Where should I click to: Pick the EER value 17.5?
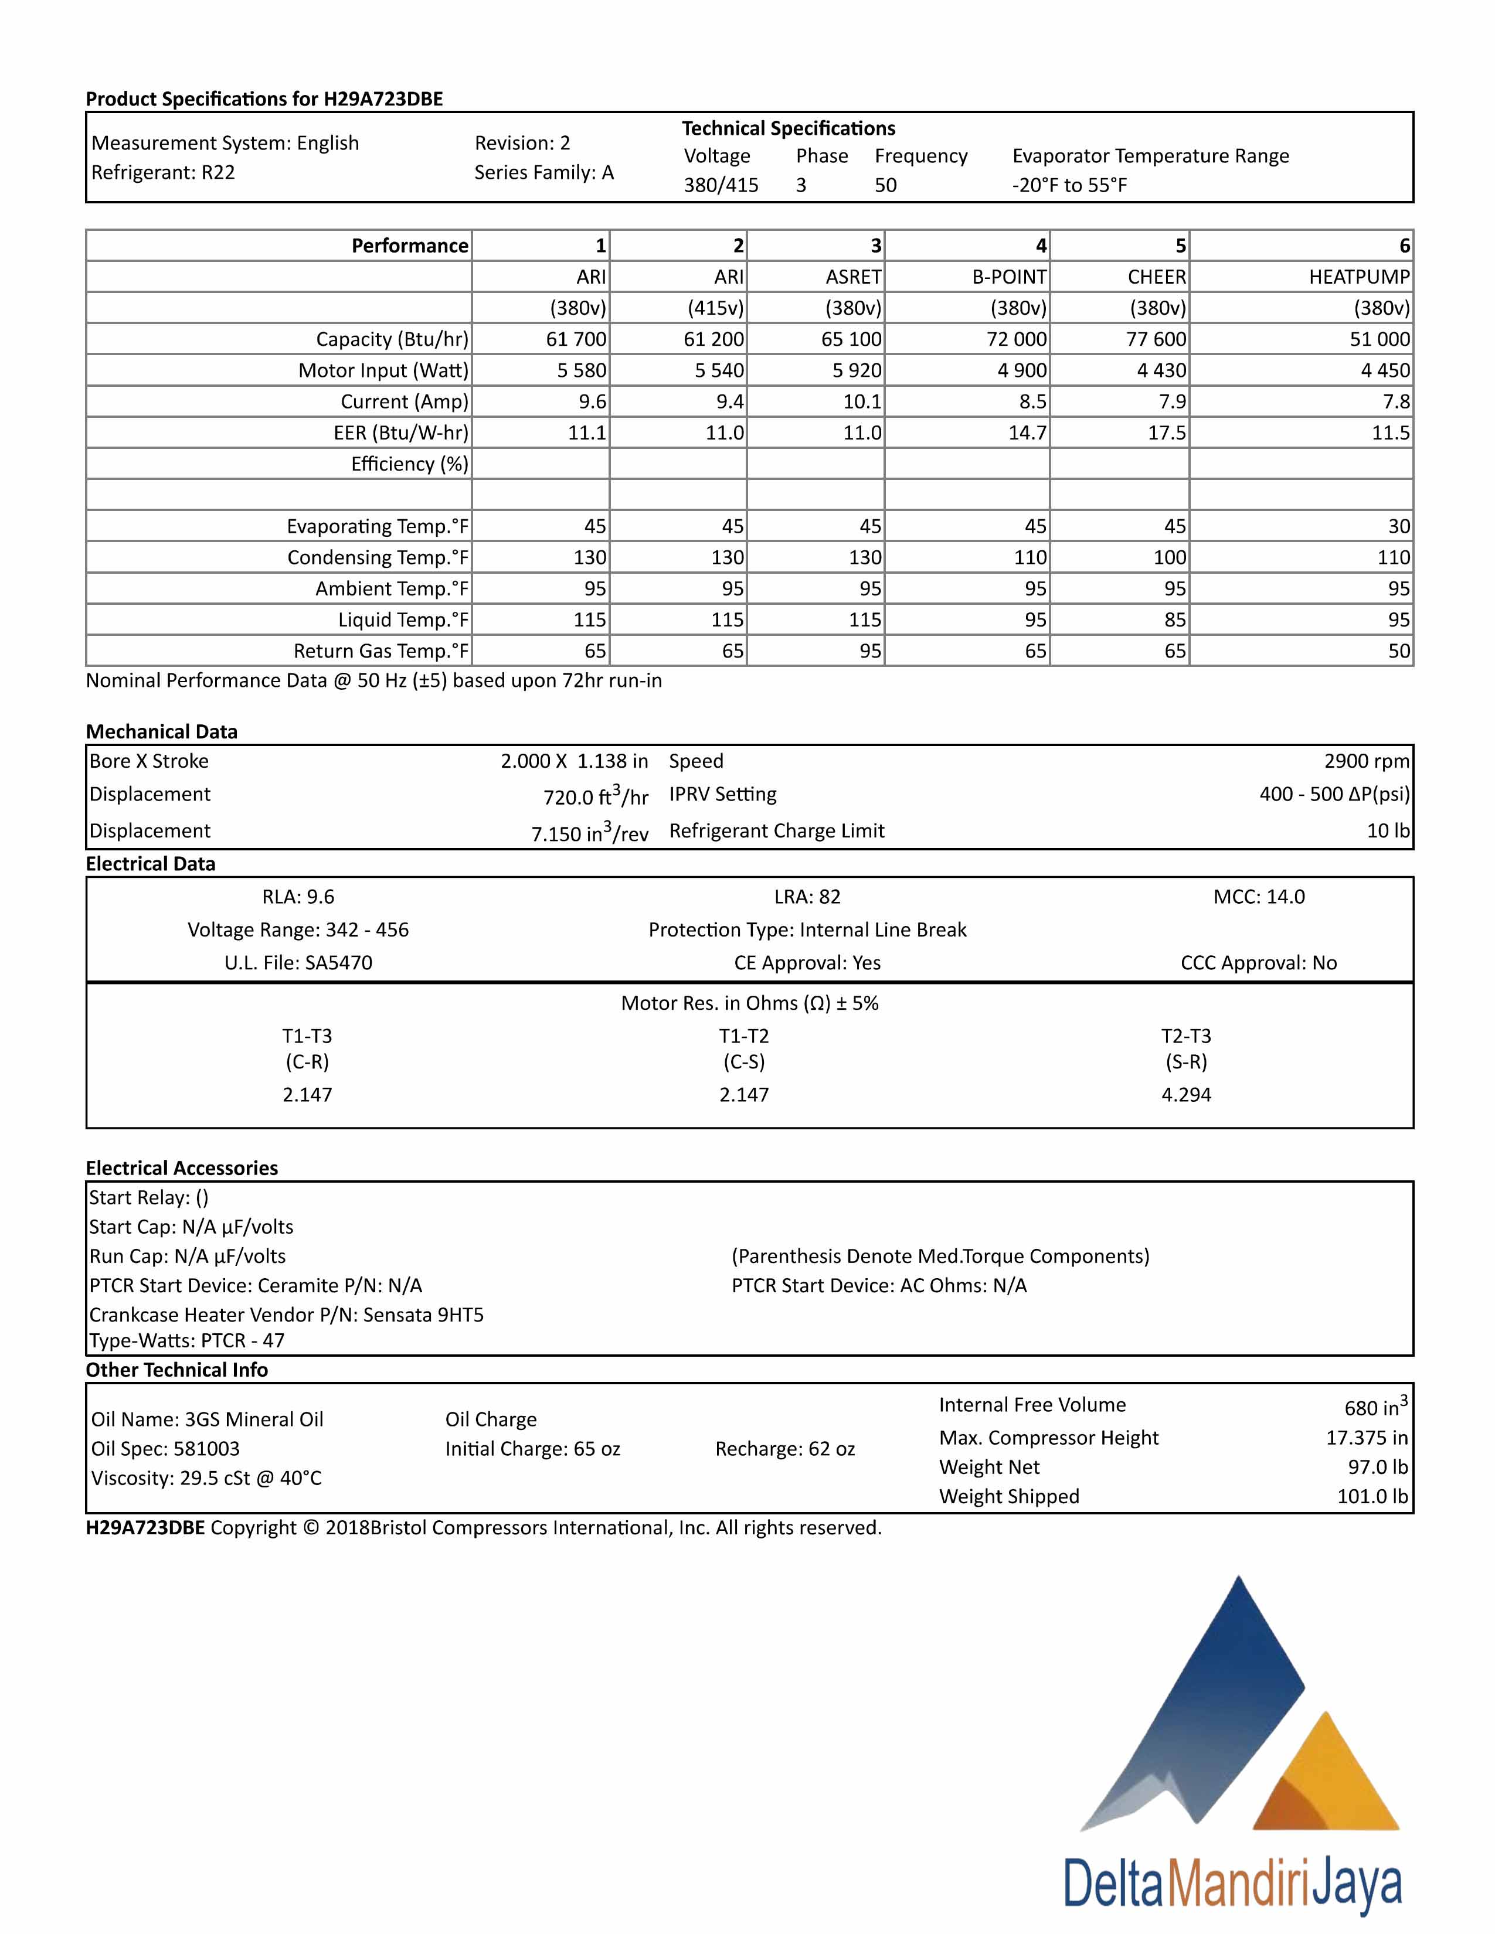point(1167,433)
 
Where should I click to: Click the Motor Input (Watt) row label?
point(383,370)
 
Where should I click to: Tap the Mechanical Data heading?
point(161,731)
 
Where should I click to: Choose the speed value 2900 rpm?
point(1367,761)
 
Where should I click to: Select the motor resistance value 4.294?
point(1186,1095)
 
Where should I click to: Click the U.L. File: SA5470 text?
point(298,962)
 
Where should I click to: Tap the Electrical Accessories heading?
point(182,1168)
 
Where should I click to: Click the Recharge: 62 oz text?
point(784,1449)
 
